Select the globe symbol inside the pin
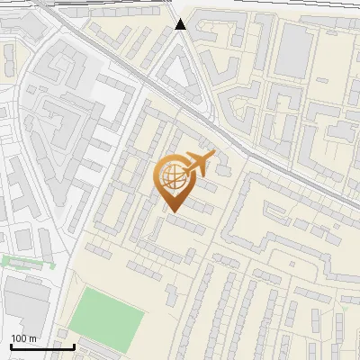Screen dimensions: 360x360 pos(171,176)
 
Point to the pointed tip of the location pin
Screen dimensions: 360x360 pos(172,211)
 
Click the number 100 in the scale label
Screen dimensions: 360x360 pos(19,338)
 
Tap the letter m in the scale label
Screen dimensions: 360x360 pos(33,338)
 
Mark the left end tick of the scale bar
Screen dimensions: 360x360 pos(10,345)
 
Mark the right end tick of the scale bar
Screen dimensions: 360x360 pos(74,345)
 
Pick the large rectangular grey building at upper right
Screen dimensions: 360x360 pos(292,49)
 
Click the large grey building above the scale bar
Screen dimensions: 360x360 pos(27,301)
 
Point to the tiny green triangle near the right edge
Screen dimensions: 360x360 pos(342,309)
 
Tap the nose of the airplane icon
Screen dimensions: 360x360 pos(213,156)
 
